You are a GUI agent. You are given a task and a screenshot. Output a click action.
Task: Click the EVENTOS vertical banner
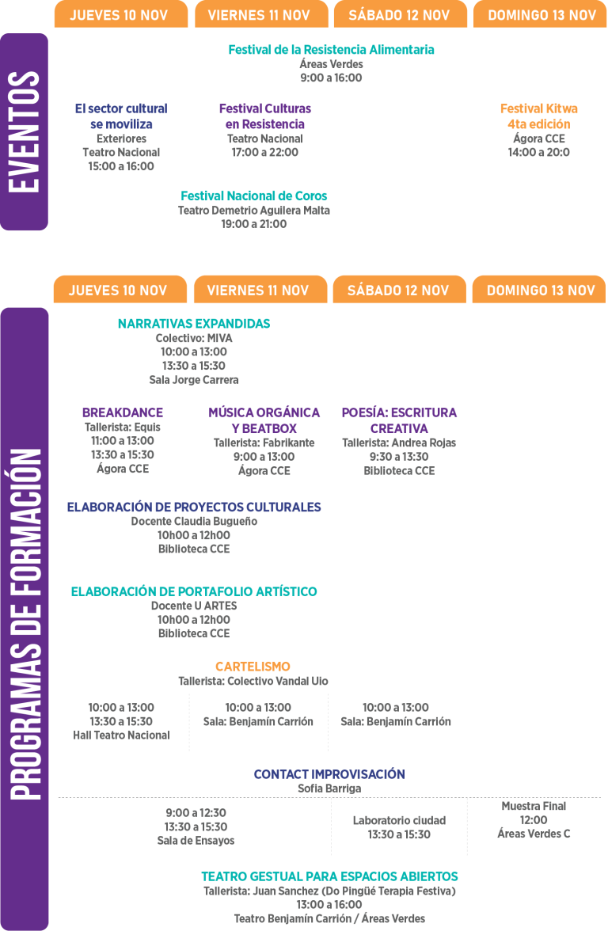(x=24, y=131)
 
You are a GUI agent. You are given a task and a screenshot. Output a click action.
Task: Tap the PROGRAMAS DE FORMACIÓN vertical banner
(x=25, y=619)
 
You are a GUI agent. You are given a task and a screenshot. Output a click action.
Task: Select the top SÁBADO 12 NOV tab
(x=400, y=14)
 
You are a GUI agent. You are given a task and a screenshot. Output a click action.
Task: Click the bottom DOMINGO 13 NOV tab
(x=539, y=290)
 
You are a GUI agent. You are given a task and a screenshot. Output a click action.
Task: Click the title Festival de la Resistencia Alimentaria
(x=331, y=50)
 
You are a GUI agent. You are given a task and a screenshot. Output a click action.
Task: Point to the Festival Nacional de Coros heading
(x=253, y=196)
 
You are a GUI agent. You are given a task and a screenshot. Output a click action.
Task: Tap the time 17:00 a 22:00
(x=264, y=153)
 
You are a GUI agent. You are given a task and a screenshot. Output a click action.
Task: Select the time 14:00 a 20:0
(x=538, y=153)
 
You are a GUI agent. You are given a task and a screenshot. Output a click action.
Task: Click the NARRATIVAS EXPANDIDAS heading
(x=194, y=324)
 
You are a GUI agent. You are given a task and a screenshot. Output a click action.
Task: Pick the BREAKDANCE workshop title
(x=122, y=412)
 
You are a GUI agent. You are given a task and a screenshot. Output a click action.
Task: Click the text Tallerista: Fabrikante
(x=264, y=443)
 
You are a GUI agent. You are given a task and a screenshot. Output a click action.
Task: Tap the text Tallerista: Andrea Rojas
(x=399, y=443)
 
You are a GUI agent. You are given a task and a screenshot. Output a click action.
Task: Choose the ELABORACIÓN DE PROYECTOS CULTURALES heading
(x=194, y=507)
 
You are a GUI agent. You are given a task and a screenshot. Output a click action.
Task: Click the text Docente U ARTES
(x=194, y=606)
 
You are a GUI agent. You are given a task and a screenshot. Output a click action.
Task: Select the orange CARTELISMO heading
(x=253, y=667)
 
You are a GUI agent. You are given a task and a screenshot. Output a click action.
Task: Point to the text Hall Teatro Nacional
(x=121, y=735)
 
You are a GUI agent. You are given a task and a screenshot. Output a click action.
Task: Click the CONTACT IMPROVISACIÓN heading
(x=329, y=774)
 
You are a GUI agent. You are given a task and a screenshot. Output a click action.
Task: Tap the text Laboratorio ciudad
(x=399, y=820)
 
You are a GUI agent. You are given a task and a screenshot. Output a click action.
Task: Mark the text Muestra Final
(x=534, y=806)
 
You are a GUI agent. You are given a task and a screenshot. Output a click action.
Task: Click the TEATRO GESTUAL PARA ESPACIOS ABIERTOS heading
(x=329, y=876)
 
